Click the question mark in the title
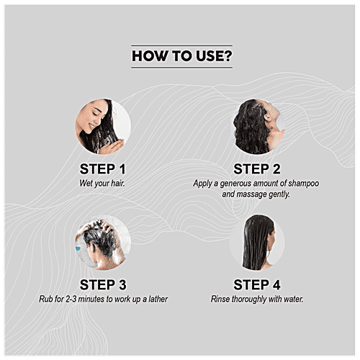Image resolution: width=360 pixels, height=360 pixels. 228,55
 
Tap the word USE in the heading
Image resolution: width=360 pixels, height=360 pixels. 210,56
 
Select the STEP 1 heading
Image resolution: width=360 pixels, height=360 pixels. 103,169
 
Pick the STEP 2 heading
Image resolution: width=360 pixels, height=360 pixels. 257,169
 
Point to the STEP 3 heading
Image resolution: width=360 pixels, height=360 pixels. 103,285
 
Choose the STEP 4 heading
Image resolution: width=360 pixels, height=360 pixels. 257,285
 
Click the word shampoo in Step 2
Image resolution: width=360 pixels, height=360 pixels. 304,184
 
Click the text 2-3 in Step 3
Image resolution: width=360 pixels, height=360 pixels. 71,299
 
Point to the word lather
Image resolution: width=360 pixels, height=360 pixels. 158,299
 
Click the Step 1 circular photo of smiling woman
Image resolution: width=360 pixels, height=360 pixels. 103,127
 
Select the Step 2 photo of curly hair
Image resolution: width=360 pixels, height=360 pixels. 257,127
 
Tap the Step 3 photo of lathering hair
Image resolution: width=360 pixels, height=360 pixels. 103,243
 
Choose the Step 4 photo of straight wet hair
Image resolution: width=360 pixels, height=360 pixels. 257,243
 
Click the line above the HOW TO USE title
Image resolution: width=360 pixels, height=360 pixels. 181,45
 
